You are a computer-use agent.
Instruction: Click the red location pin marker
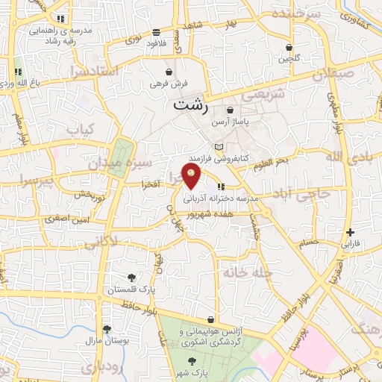pos(192,176)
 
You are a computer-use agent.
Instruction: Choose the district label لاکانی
pos(101,242)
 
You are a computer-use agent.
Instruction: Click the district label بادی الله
pos(348,157)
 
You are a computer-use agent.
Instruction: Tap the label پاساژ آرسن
pos(229,121)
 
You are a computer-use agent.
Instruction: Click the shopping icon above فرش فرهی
pos(170,72)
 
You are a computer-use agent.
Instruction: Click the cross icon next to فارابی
pos(350,232)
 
